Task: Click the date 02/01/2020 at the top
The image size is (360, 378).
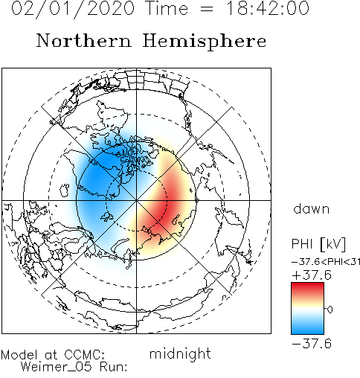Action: [73, 9]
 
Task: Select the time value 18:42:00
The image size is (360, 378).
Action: [268, 8]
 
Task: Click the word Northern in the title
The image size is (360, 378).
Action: [84, 40]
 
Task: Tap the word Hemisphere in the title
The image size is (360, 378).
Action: [205, 42]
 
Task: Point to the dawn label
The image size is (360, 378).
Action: [312, 208]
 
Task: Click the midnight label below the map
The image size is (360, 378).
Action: [180, 354]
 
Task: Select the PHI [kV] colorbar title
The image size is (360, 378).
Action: [318, 244]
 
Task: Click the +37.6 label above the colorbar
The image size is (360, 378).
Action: [312, 275]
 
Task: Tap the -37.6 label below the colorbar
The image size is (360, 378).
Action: [312, 344]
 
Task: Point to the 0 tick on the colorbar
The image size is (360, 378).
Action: [330, 310]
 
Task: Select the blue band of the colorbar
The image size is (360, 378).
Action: [307, 325]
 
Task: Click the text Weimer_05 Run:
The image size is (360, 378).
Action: [74, 367]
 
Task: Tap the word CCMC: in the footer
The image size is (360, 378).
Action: [85, 355]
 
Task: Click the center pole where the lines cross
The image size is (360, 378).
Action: [136, 200]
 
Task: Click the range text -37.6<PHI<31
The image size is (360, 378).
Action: [326, 262]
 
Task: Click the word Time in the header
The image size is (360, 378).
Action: [167, 8]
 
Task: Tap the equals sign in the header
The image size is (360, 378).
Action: [207, 9]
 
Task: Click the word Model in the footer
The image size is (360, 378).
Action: [19, 355]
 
